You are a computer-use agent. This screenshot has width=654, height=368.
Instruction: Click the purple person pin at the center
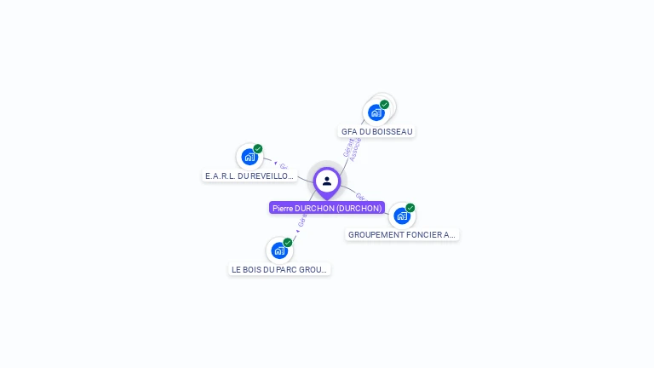click(x=327, y=181)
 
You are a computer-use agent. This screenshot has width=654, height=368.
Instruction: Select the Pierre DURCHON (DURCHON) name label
click(x=327, y=208)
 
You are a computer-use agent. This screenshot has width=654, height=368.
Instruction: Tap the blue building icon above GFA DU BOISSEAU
click(x=376, y=112)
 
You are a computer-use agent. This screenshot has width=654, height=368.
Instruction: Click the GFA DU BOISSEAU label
click(x=376, y=132)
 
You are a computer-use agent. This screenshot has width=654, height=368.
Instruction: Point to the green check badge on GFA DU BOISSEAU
click(x=384, y=105)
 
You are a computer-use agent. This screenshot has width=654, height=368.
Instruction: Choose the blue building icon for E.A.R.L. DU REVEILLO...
click(x=250, y=157)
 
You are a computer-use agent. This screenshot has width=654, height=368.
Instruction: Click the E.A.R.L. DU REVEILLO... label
click(x=250, y=176)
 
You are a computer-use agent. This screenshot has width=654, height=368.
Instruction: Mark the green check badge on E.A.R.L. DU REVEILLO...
click(x=258, y=149)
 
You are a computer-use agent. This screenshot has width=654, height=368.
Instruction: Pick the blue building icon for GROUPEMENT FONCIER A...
click(x=402, y=216)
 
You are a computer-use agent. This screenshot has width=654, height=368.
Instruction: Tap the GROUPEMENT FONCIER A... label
click(x=403, y=234)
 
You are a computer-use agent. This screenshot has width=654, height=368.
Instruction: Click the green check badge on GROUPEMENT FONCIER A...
click(x=410, y=208)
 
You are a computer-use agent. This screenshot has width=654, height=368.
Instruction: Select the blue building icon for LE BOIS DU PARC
click(x=279, y=250)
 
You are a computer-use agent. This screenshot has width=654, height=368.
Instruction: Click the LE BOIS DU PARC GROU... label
click(x=279, y=269)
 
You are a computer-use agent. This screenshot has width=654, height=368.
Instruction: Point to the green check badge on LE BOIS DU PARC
click(x=288, y=243)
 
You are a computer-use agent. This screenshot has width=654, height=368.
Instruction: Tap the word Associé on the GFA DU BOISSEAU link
click(x=357, y=150)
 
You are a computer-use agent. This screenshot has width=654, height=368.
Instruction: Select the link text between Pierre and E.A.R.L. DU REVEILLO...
click(x=283, y=165)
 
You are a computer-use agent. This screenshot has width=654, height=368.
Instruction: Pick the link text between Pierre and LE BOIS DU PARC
click(x=301, y=221)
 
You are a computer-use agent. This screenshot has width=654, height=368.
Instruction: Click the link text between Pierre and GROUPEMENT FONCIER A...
click(x=360, y=196)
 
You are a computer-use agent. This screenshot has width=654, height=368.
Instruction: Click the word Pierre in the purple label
click(x=283, y=208)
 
